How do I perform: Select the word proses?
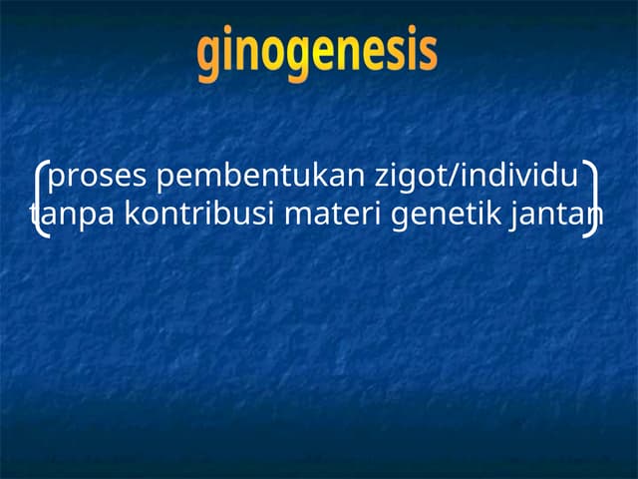(x=98, y=178)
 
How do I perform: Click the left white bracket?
(x=40, y=199)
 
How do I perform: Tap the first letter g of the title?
(x=208, y=56)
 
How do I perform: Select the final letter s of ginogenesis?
(x=428, y=54)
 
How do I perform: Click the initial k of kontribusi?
(x=131, y=215)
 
